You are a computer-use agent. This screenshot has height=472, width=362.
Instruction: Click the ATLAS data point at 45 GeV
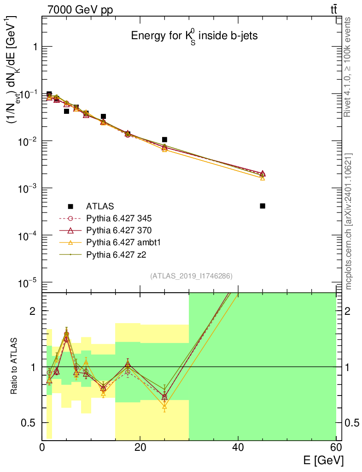coord(263,206)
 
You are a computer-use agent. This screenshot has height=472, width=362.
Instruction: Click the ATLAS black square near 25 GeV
coord(164,139)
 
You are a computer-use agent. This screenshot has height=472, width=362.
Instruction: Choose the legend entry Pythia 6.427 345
coord(119,218)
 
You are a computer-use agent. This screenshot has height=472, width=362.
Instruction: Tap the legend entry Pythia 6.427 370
coord(119,230)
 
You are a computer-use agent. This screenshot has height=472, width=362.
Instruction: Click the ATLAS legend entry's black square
coord(70,206)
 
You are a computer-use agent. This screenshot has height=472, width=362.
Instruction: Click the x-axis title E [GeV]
coord(323,460)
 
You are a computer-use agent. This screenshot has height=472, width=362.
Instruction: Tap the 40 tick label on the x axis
coord(238,447)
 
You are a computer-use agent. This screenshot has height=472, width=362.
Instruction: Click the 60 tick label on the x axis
coord(336,447)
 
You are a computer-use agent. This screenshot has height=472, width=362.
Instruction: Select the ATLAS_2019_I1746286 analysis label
coord(191,276)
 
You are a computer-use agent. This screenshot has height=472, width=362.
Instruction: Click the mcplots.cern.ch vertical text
coord(349,221)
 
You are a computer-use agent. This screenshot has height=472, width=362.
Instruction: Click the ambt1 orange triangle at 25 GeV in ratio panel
coord(164,407)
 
